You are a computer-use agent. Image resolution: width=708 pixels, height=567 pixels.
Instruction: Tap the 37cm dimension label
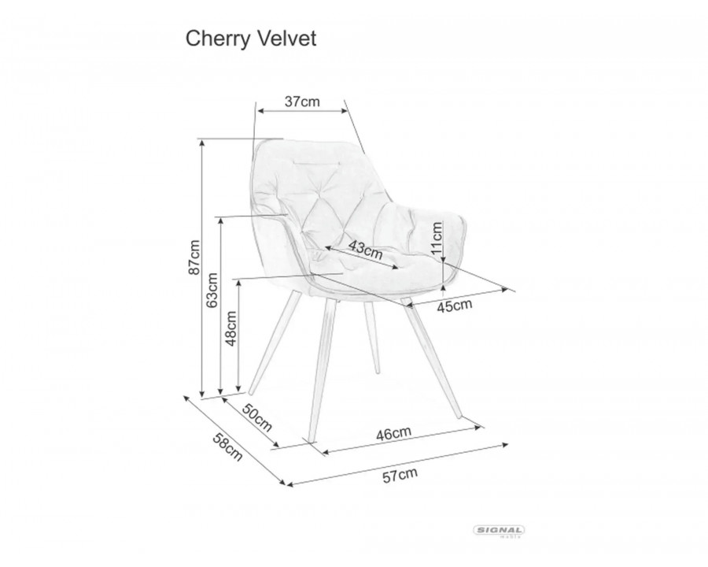click(301, 102)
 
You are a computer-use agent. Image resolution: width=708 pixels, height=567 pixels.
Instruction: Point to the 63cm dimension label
click(213, 291)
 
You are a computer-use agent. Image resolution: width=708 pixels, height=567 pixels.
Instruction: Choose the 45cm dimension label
click(454, 305)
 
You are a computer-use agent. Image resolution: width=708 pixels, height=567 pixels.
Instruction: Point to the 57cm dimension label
click(399, 474)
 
